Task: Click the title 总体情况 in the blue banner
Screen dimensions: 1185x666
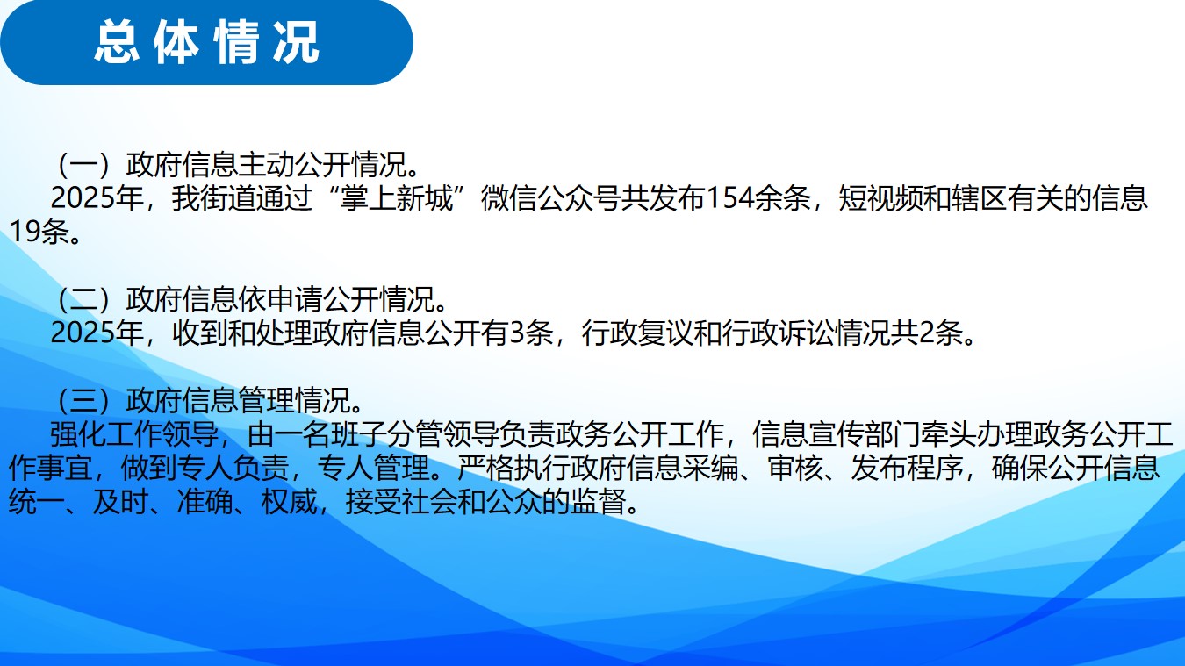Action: tap(207, 42)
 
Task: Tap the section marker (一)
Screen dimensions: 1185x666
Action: tap(84, 164)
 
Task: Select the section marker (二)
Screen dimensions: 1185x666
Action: tap(84, 299)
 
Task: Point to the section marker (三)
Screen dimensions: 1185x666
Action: tap(84, 400)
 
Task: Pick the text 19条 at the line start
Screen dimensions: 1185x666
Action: tap(39, 233)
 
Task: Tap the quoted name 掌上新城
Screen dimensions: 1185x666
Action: tap(397, 198)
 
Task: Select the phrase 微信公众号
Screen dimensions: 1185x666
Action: tap(550, 198)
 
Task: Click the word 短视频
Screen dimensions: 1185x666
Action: tap(880, 198)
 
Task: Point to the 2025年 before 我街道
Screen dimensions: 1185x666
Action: tap(97, 198)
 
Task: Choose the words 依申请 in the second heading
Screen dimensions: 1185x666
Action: tap(280, 299)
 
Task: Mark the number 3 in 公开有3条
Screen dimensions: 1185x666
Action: tap(516, 333)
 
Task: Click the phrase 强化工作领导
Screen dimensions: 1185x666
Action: tap(134, 434)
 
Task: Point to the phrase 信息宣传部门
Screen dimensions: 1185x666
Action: tap(836, 434)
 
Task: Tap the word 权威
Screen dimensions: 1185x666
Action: tap(289, 502)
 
